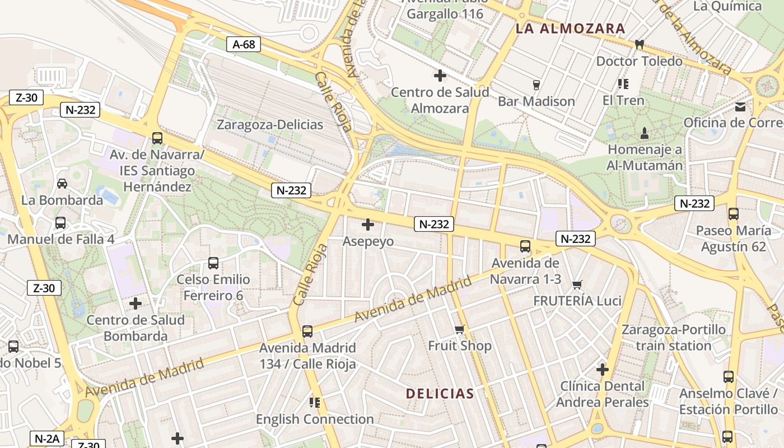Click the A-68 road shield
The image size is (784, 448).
[x=244, y=44]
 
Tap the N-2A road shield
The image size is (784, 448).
[x=47, y=438]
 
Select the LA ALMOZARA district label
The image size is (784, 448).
[x=570, y=29]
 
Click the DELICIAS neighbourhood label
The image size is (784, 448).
[x=440, y=394]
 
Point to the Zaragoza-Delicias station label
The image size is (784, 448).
[x=270, y=124]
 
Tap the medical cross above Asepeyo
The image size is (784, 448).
[x=368, y=225]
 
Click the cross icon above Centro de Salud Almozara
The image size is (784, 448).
[x=440, y=75]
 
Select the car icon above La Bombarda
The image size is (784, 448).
[x=62, y=183]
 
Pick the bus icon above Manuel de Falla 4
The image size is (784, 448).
[x=60, y=222]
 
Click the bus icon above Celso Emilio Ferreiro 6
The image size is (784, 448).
[x=213, y=263]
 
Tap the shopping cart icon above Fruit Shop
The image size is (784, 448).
[x=460, y=329]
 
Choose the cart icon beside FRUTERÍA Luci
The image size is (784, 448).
[x=577, y=284]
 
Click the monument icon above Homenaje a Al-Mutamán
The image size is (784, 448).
[x=645, y=133]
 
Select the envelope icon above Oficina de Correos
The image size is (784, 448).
[x=741, y=107]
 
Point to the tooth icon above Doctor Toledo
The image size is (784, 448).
[x=639, y=44]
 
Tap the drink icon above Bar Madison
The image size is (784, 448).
[x=536, y=85]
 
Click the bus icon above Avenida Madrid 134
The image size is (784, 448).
[x=307, y=331]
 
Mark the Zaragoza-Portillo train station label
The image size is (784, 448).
[x=673, y=337]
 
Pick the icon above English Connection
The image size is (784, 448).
[x=314, y=402]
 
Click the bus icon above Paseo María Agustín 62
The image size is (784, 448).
[x=733, y=213]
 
